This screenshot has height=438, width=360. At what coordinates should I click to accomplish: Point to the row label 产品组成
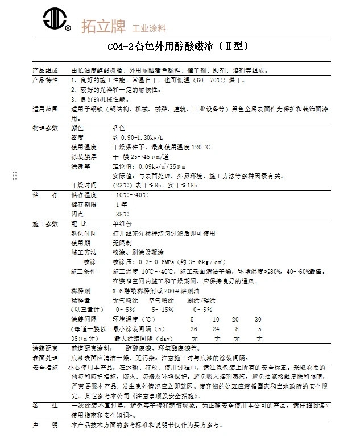44,71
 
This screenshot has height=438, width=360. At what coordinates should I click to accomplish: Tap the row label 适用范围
44,107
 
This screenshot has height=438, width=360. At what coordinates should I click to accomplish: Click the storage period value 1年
121,204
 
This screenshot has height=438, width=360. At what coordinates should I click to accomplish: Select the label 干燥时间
84,185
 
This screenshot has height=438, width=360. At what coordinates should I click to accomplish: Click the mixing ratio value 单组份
122,224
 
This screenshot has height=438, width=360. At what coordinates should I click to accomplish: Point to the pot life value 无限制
122,243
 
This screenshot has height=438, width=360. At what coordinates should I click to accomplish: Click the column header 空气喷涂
161,300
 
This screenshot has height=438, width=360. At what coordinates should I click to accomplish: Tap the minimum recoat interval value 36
193,329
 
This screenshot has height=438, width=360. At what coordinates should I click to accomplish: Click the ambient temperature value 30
258,319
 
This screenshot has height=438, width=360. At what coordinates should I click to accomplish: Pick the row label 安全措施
44,368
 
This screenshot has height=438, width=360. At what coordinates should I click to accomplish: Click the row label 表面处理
44,358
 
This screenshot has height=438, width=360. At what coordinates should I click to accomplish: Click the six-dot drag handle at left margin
15,176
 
